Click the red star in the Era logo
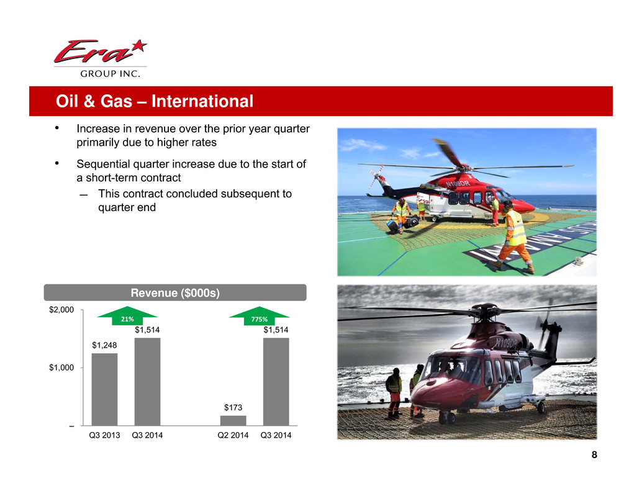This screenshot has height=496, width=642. point(140,45)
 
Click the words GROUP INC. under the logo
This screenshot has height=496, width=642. point(110,74)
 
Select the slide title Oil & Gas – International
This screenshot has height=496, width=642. point(155,101)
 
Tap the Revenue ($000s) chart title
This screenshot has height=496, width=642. point(175,293)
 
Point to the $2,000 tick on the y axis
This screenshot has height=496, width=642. point(61,310)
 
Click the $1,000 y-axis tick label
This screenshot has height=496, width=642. point(61,367)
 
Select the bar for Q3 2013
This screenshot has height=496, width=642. point(104,389)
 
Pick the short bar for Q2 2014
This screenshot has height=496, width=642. point(233,421)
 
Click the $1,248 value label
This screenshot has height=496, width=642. point(104,345)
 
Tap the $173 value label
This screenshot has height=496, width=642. point(233,408)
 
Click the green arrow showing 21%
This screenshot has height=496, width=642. point(127,316)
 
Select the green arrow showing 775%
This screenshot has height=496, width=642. point(259,316)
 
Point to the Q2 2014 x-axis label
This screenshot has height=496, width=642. point(233,435)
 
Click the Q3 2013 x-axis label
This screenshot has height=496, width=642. point(104,435)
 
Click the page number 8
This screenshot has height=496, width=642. point(594,454)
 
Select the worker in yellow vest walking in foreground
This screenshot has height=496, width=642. point(513,237)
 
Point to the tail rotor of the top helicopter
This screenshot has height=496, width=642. point(376,176)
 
